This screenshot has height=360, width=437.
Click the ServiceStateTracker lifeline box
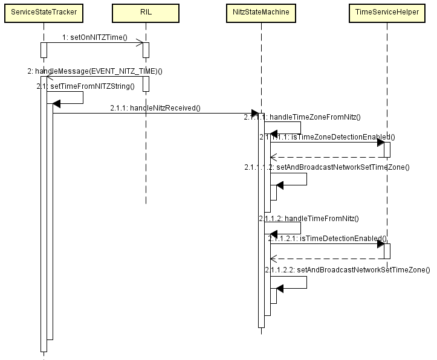coord(44,12)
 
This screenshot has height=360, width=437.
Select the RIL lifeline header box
coord(146,12)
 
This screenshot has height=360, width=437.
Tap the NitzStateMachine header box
coord(262,12)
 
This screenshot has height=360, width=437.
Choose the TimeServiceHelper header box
coord(387,12)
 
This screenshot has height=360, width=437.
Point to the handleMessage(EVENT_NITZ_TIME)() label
coord(95,71)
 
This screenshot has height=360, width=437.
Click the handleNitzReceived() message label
coord(155,108)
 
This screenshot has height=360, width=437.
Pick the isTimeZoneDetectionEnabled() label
coord(327,137)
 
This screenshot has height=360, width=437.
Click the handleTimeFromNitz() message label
coord(309,218)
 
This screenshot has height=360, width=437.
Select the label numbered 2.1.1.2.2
coord(347,270)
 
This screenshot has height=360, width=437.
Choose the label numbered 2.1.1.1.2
coord(327,167)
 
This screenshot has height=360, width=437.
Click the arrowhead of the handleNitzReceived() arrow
coord(255,113)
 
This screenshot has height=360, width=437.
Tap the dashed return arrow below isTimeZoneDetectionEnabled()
coord(326,157)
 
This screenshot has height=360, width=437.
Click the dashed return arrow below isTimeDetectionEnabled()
coord(326,259)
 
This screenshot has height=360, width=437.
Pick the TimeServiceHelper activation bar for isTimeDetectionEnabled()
coord(387,251)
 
